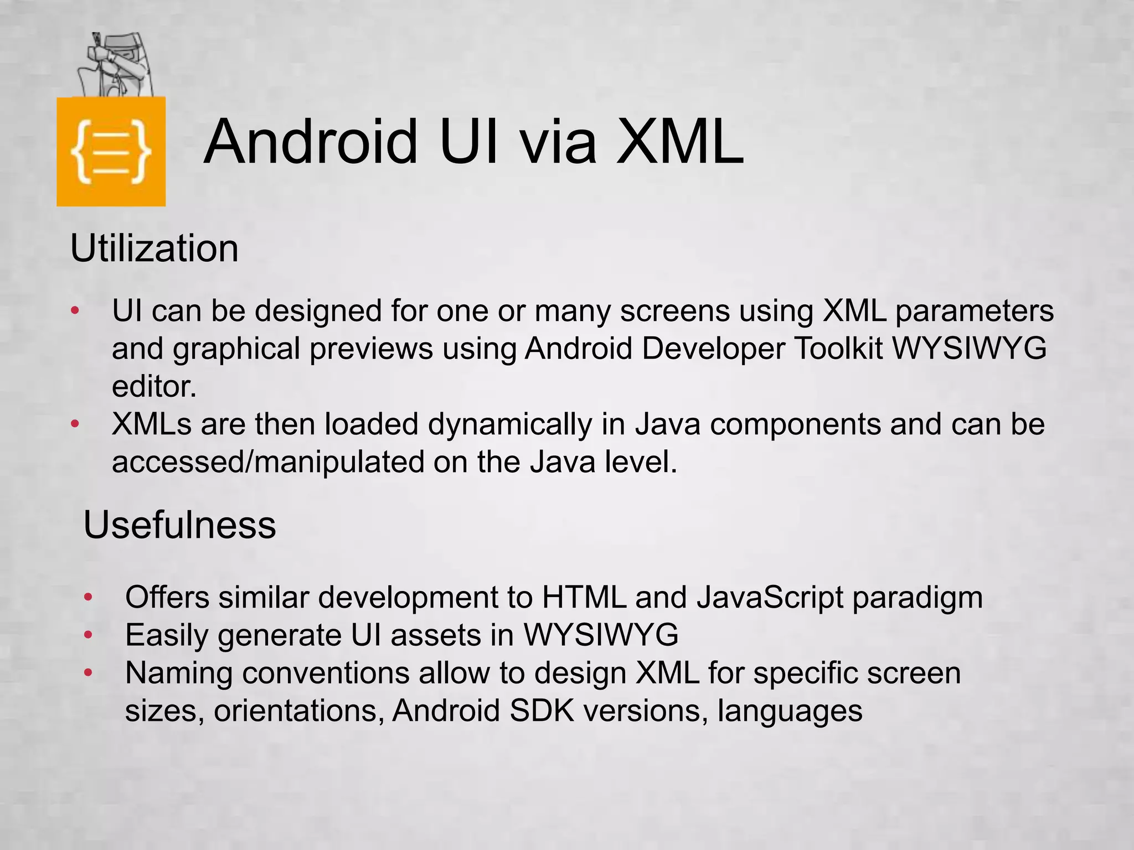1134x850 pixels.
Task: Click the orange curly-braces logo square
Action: tap(111, 151)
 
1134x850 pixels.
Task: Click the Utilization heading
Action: tap(154, 248)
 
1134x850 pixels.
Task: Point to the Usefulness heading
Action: tap(179, 525)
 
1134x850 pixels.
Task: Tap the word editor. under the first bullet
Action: tap(154, 386)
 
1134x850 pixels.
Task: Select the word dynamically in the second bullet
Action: tap(509, 424)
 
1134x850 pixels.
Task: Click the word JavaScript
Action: tap(770, 598)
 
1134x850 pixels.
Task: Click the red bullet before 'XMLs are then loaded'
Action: tap(75, 424)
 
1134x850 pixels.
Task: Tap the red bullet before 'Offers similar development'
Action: tap(88, 598)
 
